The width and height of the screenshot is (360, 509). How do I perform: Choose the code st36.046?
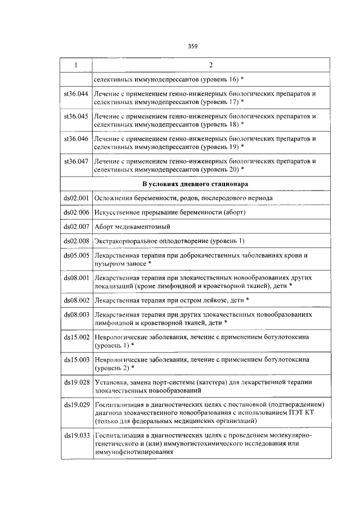point(76,138)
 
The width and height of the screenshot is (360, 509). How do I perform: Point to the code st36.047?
point(76,161)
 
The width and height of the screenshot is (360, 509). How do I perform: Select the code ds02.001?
point(76,198)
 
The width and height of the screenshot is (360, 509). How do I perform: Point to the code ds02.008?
point(76,241)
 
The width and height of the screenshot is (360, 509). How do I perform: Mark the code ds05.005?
point(76,255)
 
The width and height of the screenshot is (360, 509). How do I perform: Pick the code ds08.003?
point(76,315)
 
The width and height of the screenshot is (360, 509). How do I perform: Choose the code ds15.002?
point(76,336)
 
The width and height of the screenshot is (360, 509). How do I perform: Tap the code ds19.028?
point(76,382)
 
